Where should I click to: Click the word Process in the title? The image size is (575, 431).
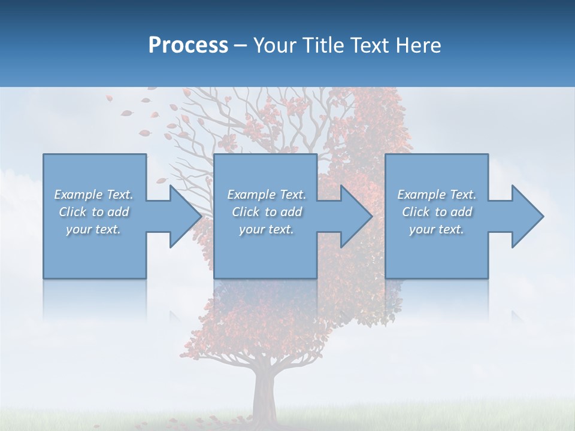coord(188,45)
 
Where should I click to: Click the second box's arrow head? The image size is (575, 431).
coord(355,216)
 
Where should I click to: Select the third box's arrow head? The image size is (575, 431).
coord(526,216)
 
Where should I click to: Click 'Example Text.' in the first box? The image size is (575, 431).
coord(93,195)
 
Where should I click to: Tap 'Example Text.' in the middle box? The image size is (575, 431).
coord(267,195)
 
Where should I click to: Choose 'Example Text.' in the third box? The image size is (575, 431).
coord(437,195)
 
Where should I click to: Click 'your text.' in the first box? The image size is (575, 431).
coord(93,229)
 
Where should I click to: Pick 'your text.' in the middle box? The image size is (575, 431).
coord(267,229)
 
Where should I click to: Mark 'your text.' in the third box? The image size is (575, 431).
coord(437,229)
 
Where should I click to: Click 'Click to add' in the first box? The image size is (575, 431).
coord(93,212)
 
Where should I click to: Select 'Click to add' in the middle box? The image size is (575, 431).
coord(267,212)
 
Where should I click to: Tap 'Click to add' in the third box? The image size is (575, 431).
coord(437,212)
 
